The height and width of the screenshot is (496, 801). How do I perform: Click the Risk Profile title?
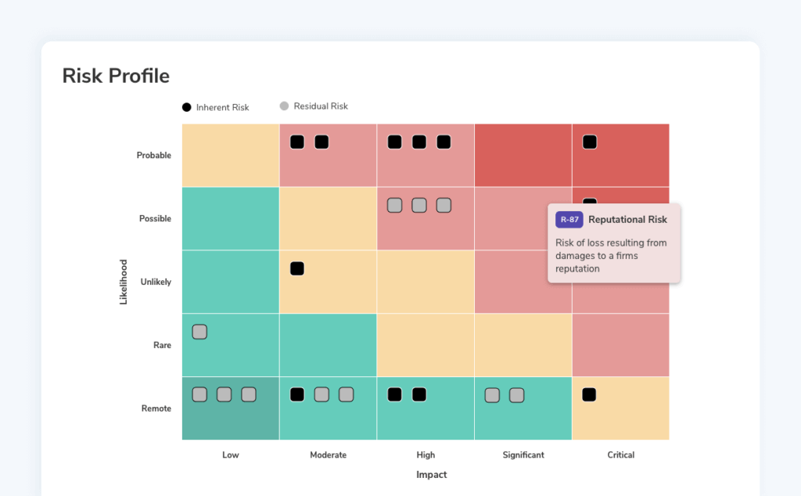pos(116,76)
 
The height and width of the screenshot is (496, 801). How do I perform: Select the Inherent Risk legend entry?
pos(215,107)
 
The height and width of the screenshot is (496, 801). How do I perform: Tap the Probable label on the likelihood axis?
pos(153,155)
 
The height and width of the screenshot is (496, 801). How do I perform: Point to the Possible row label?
pos(155,218)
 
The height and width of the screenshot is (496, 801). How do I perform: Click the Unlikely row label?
pos(156,282)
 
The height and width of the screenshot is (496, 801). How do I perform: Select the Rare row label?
pos(162,345)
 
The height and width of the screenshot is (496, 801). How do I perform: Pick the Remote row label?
pos(156,408)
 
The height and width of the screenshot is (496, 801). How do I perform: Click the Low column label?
pos(231,455)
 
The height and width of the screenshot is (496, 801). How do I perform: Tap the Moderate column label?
pos(328,455)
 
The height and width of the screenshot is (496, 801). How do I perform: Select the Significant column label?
pos(523,455)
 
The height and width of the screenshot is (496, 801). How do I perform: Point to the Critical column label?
pos(620,455)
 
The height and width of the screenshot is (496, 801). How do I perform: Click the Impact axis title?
pos(431,475)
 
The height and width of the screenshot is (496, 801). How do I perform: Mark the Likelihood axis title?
pos(124,282)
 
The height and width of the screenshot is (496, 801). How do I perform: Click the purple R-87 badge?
pos(569,220)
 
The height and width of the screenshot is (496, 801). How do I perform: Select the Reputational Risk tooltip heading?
pos(627,220)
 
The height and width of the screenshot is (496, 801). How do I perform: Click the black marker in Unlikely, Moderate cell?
pos(297,268)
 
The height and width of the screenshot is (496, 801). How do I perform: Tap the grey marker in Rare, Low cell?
pos(199,332)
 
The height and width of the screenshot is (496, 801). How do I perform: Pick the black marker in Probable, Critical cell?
pos(590,142)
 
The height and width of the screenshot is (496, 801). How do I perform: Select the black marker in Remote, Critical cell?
pos(590,394)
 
